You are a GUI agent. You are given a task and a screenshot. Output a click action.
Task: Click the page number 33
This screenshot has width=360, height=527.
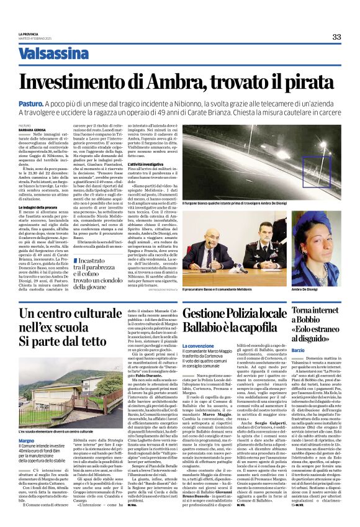click(336, 37)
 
